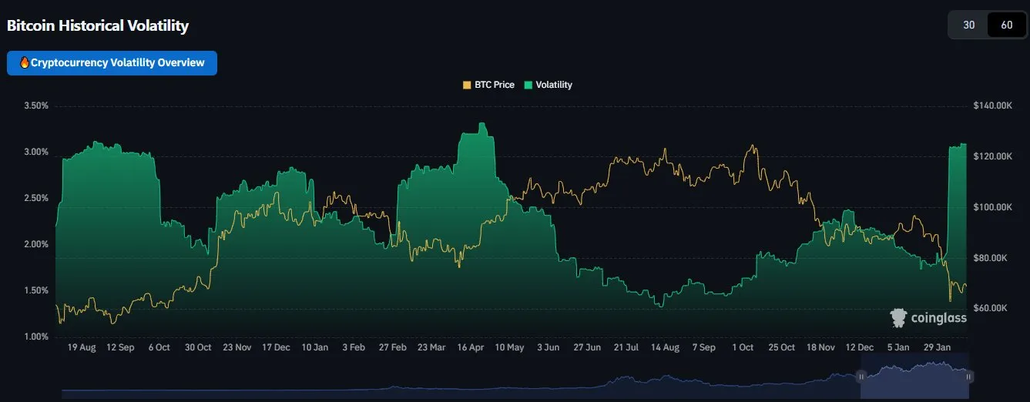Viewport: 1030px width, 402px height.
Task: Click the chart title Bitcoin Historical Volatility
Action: pyautogui.click(x=98, y=25)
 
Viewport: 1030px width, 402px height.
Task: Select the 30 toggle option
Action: pyautogui.click(x=969, y=25)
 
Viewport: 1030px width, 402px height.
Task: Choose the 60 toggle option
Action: pyautogui.click(x=1006, y=25)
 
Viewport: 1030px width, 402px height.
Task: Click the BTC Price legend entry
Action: pyautogui.click(x=488, y=85)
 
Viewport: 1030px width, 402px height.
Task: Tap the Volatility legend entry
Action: pyautogui.click(x=548, y=85)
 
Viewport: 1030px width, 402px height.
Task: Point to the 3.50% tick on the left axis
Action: pyautogui.click(x=36, y=106)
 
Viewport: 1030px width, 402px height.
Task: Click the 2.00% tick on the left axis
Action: pyautogui.click(x=36, y=244)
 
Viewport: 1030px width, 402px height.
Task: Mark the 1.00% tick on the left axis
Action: pyautogui.click(x=36, y=337)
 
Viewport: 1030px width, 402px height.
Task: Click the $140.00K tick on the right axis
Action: pyautogui.click(x=992, y=106)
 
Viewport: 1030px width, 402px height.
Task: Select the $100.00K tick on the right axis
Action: pyautogui.click(x=992, y=207)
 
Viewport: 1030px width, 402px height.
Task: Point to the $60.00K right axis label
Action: pyautogui.click(x=990, y=308)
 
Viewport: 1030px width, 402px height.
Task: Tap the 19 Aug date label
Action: pyautogui.click(x=82, y=347)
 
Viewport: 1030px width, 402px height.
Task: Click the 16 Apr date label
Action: pyautogui.click(x=470, y=347)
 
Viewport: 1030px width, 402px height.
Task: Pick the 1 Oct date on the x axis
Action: pyautogui.click(x=743, y=347)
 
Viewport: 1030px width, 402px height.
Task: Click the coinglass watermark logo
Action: pyautogui.click(x=928, y=317)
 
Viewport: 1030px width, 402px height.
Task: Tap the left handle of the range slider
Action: pyautogui.click(x=861, y=376)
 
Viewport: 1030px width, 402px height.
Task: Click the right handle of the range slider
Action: pyautogui.click(x=968, y=376)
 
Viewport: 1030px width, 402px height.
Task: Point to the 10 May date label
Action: pyautogui.click(x=509, y=347)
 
